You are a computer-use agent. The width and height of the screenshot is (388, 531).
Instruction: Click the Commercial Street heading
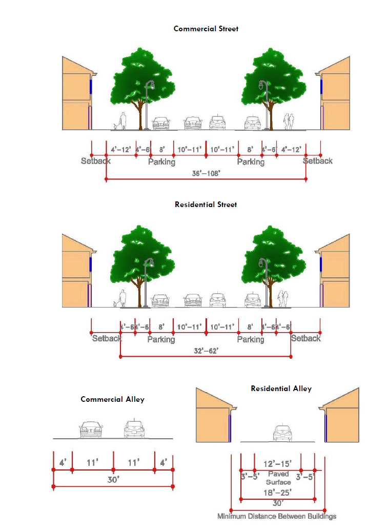point(206,29)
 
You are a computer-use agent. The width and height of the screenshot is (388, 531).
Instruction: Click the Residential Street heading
point(206,205)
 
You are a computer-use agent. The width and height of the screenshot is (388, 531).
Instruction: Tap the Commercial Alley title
point(112,399)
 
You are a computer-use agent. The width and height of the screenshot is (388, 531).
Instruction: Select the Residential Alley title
point(281,389)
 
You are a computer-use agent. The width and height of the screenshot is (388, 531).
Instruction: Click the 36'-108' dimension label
point(206,173)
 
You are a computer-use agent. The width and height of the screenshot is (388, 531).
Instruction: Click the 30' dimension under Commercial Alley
point(113,480)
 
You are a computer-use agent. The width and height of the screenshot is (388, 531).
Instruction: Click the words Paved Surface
point(278,478)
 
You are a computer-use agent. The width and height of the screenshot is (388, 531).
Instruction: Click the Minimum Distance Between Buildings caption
point(277,516)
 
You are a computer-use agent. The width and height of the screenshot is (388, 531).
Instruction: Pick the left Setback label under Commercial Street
point(95,161)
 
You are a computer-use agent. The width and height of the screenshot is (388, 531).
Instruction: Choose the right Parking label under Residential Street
point(251,339)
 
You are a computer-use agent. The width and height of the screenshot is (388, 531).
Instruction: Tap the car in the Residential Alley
point(282,433)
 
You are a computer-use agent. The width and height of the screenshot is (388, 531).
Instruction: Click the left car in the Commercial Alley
point(91,430)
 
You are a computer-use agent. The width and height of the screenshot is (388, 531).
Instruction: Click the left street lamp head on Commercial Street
point(150,85)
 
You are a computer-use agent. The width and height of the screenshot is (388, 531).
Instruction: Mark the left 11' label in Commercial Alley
point(92,462)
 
